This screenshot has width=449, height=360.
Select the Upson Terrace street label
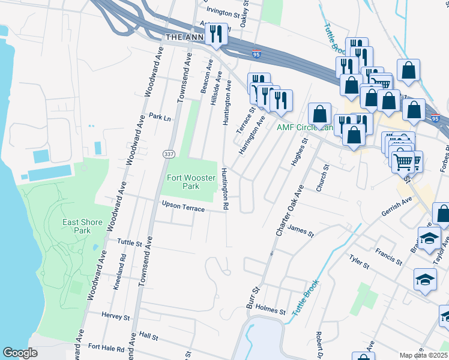pos(183,206)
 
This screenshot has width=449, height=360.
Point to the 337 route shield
pos(167,154)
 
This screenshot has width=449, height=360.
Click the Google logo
pos(20,353)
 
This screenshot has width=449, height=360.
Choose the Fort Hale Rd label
pos(106,347)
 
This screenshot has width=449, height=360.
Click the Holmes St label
pos(270,310)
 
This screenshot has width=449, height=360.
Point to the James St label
pos(301,230)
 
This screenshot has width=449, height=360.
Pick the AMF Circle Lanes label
pos(304,127)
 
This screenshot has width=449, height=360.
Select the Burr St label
pos(254,298)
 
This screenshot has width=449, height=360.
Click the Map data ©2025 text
pos(423,355)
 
